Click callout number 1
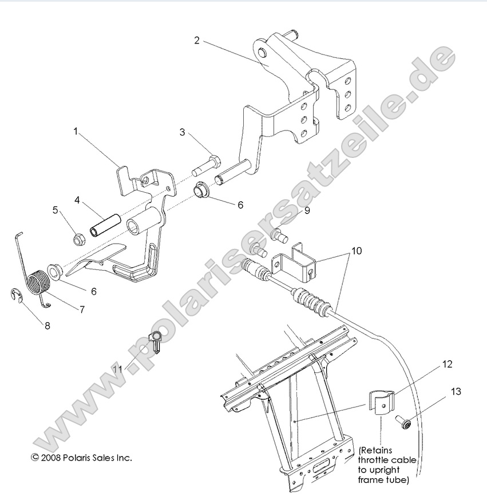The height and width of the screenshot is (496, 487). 75,131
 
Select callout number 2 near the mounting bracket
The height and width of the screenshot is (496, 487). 197,40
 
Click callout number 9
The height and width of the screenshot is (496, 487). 307,211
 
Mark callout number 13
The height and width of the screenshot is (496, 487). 456,392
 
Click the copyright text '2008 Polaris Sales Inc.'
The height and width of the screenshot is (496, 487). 81,458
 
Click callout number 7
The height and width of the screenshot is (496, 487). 82,309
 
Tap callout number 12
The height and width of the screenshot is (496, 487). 446,364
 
